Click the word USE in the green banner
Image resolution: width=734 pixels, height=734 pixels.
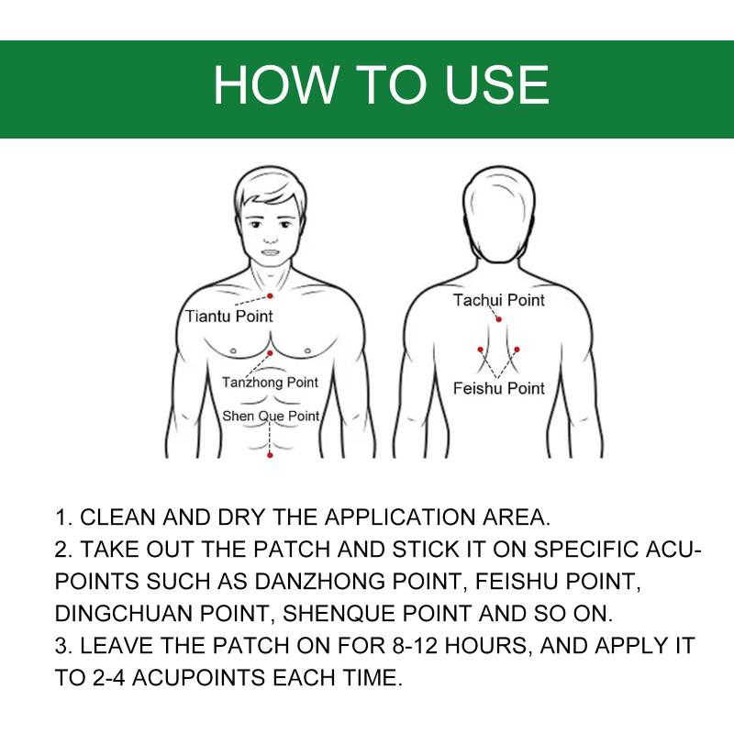496,84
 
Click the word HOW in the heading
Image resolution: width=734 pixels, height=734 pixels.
274,84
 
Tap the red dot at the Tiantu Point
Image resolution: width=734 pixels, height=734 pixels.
270,295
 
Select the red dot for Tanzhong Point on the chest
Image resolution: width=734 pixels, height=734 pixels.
270,353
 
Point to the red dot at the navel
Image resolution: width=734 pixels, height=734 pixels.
270,455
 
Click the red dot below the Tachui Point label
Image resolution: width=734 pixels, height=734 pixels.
498,319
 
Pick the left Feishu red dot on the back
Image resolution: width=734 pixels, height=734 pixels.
480,350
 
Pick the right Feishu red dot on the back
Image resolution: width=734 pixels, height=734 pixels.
517,350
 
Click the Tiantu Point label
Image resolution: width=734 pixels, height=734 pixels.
228,317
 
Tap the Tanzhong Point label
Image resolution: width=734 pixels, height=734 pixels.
270,383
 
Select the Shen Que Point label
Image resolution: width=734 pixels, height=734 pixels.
271,416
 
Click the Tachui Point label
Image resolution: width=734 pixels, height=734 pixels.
498,300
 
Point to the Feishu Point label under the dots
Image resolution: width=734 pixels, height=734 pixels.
499,388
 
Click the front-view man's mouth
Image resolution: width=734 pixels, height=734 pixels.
270,253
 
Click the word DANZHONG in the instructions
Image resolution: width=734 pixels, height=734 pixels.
319,582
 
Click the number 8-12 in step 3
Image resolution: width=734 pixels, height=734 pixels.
415,646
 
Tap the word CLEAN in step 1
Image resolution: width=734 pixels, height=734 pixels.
118,517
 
